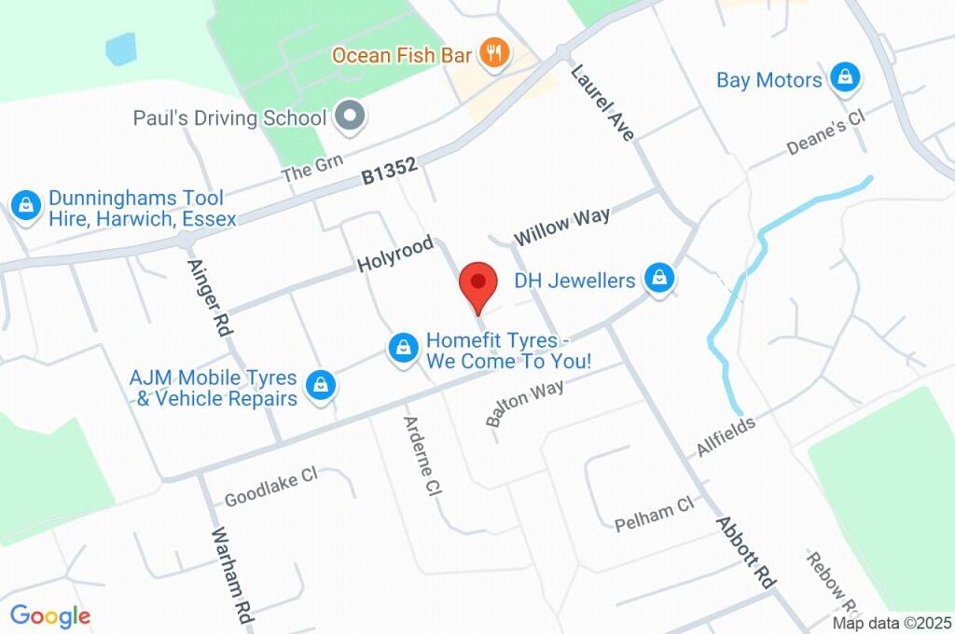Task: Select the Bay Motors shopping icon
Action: click(845, 79)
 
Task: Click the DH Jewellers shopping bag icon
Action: click(660, 279)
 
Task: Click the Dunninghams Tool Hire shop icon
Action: click(24, 207)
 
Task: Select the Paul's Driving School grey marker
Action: click(351, 117)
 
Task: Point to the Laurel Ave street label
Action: click(602, 102)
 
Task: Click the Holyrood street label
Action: click(395, 255)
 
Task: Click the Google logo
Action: click(50, 616)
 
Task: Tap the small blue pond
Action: click(121, 48)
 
